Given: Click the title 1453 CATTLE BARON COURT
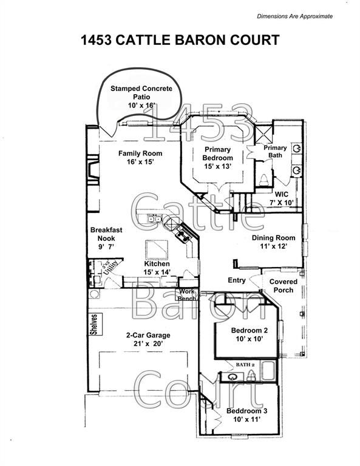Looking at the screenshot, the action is [x=180, y=40].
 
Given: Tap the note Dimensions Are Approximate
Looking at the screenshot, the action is [x=294, y=16].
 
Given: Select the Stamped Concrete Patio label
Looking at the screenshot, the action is [x=141, y=93].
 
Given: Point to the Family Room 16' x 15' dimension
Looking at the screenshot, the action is [x=140, y=162].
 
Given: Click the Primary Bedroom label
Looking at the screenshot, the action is [x=217, y=154].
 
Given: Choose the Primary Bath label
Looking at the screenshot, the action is [x=275, y=152].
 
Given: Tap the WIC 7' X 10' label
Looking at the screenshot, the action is [x=281, y=198].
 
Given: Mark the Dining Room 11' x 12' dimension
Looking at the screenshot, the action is [x=274, y=246].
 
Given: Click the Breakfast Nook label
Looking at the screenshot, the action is [x=106, y=234].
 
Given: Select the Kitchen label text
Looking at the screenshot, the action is [x=157, y=264].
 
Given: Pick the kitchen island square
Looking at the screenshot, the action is [x=157, y=250].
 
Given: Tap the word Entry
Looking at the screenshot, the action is [x=237, y=280].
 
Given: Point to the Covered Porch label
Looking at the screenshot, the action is [x=284, y=286].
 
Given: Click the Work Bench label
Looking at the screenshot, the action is [x=187, y=295].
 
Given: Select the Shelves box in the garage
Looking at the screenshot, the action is [x=95, y=325].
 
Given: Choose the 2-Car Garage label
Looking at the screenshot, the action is [x=148, y=335].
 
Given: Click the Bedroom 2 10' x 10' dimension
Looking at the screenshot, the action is [x=250, y=339].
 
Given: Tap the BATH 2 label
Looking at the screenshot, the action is [x=245, y=365].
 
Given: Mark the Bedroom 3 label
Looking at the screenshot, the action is [x=246, y=411].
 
